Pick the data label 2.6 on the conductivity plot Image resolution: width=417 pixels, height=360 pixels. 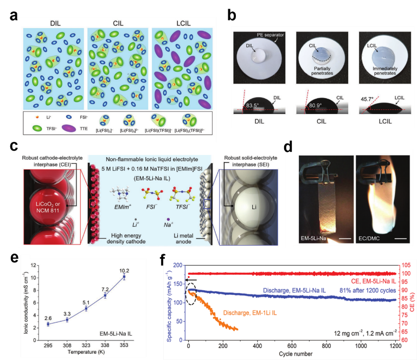[47, 317]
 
